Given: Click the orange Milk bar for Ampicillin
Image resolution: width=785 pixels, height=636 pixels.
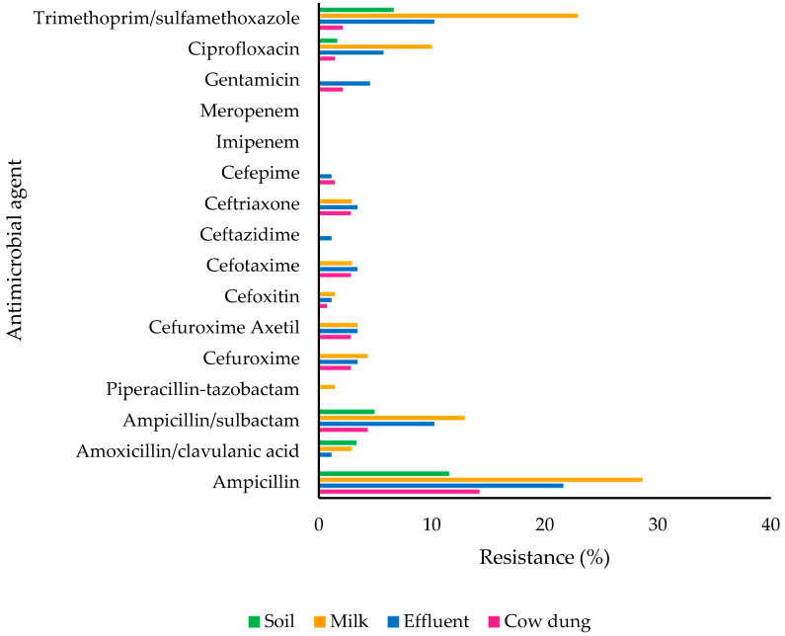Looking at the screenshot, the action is pos(481,480).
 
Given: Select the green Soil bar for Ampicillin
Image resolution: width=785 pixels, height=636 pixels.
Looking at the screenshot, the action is pos(384,474).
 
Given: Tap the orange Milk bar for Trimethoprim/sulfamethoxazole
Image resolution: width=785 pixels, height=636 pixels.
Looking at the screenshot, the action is pos(448,16).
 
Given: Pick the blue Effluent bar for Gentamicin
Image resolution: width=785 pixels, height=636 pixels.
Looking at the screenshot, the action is pos(345,83).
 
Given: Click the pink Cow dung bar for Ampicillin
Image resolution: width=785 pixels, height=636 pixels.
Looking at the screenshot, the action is pos(400,491).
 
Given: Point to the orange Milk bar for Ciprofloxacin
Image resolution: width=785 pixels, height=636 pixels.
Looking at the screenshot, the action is pos(376,46).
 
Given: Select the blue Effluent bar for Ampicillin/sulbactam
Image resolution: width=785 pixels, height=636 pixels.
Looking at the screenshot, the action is pos(377,424).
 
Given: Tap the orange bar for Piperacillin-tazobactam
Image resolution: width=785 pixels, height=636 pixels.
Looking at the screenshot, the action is pos(328,386).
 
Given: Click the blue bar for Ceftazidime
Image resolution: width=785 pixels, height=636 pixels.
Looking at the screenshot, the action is pos(326,238).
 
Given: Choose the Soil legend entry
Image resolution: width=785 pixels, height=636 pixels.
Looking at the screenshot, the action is pos(272,621).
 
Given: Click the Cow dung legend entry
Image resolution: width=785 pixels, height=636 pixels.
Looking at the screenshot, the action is pos(539,621).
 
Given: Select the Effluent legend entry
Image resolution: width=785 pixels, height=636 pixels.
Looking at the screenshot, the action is pos(429,621).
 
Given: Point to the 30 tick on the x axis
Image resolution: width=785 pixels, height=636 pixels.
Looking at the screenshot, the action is pos(658,524).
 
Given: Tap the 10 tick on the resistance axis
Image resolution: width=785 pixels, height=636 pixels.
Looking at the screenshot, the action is pos(432,524).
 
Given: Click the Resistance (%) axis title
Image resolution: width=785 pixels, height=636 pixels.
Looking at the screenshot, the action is pos(544,557).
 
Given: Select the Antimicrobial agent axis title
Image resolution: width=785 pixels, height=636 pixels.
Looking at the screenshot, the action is pos(16,250).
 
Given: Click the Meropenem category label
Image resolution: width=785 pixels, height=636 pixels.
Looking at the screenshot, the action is pos(250,111).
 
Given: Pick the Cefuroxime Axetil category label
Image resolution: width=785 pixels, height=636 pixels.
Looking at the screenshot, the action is pos(224,327).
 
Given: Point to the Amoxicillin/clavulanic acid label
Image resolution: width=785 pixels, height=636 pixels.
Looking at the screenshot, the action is pos(188,450).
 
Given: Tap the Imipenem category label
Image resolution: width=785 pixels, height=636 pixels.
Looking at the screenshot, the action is pos(258,142).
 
